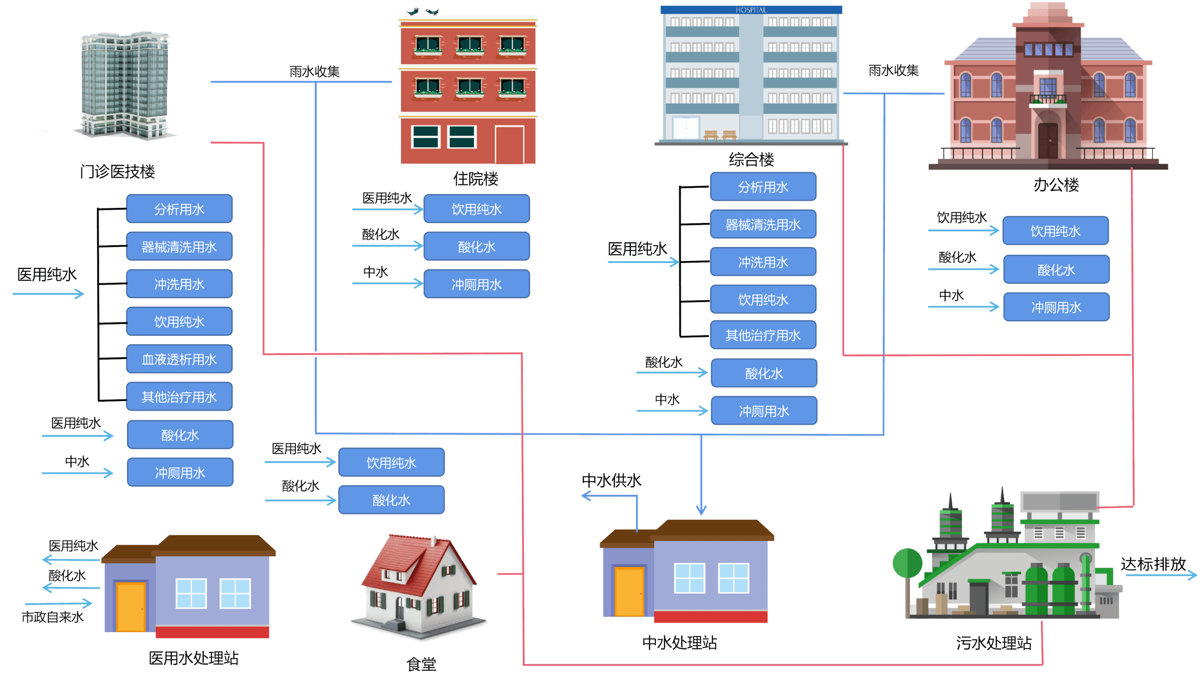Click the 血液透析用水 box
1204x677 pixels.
179,359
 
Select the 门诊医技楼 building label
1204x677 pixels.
117,172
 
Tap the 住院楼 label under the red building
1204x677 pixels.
476,179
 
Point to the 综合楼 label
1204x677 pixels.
751,159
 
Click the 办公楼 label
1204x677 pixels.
1056,184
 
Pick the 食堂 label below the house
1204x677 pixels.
421,664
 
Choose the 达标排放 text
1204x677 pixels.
1153,564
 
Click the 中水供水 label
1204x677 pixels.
612,480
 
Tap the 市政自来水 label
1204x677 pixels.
52,617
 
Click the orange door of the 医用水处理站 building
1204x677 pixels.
131,607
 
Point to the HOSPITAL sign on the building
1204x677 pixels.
751,10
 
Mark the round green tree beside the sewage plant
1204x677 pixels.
907,563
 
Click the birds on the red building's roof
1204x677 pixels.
422,11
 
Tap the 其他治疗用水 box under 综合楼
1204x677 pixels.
763,335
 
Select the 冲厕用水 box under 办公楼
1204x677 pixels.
1056,307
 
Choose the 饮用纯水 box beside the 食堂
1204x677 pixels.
391,463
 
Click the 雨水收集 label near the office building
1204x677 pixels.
894,71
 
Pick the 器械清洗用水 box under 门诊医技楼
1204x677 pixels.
179,247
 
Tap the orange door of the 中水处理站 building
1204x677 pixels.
629,592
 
